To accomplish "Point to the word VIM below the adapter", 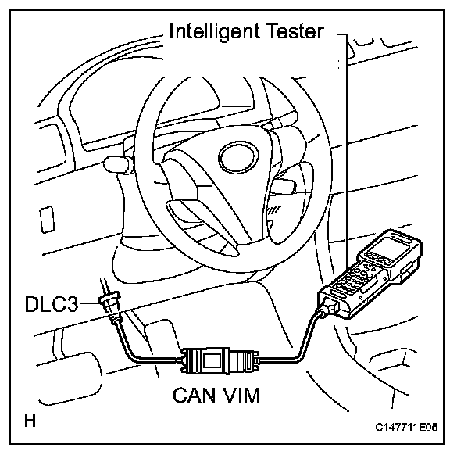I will pos(238,395).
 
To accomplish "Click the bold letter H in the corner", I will pos(30,423).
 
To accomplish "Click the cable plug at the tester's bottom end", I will pos(323,313).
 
